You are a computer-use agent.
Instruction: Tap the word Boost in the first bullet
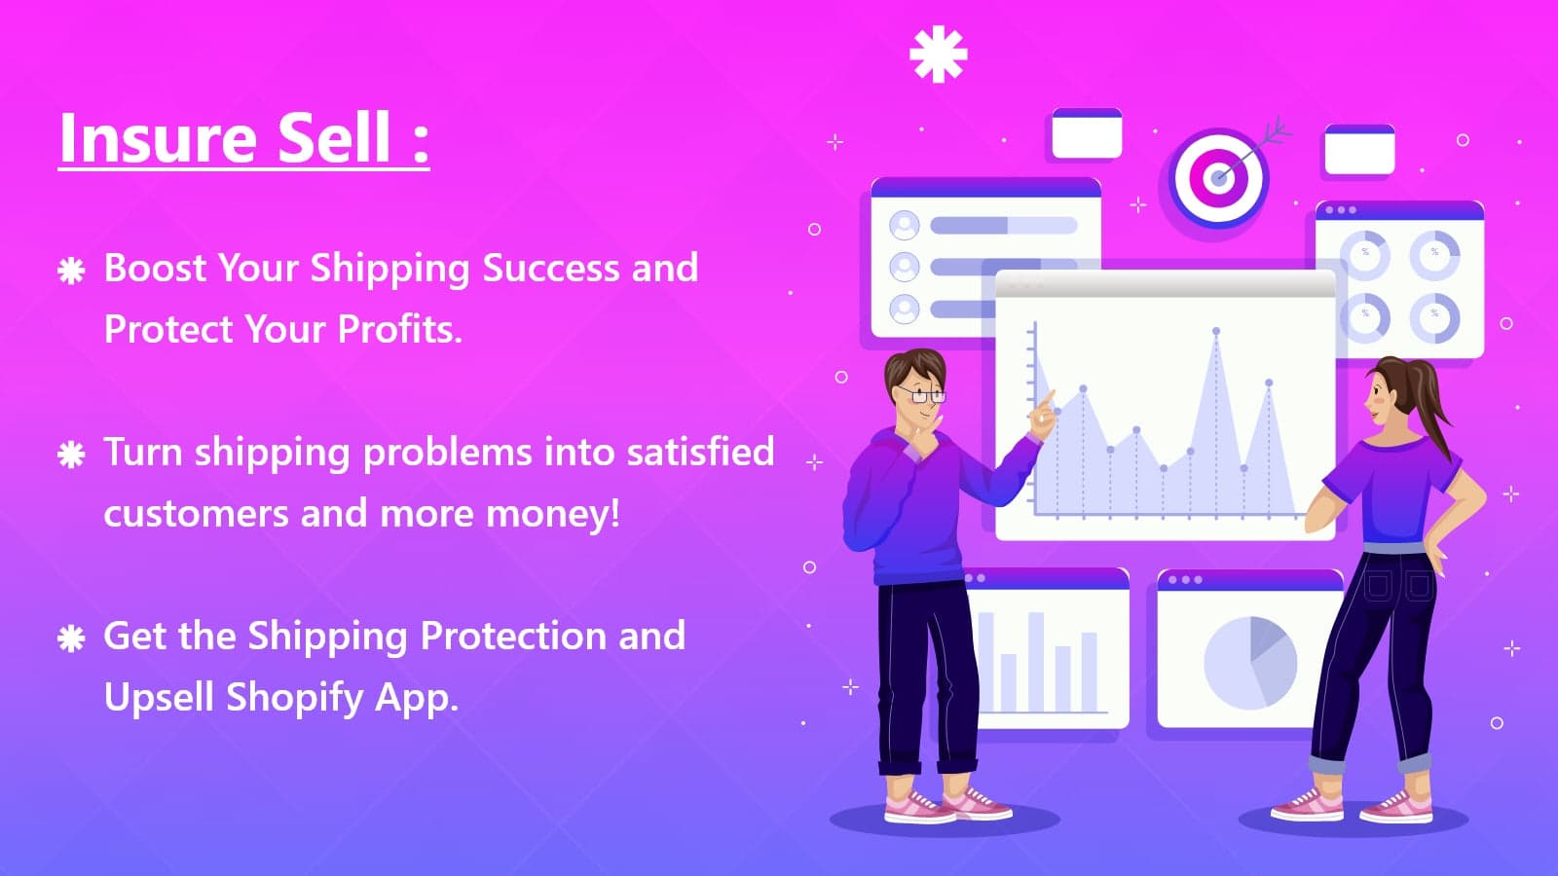click(x=155, y=269)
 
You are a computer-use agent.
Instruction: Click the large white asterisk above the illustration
click(x=939, y=55)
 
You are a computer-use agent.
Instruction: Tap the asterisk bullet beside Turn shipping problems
click(x=71, y=456)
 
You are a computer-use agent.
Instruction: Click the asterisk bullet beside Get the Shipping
click(x=71, y=639)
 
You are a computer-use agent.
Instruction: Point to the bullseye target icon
click(x=1218, y=178)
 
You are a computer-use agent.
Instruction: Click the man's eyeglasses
click(x=921, y=395)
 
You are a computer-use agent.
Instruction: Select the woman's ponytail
click(x=1426, y=403)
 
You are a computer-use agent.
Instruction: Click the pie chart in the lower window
click(x=1250, y=663)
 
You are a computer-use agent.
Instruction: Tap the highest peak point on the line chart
click(x=1216, y=332)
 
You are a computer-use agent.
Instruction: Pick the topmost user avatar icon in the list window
click(x=905, y=225)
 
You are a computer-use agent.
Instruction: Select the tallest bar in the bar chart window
click(x=1036, y=662)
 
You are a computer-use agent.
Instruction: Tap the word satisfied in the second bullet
click(x=700, y=452)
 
